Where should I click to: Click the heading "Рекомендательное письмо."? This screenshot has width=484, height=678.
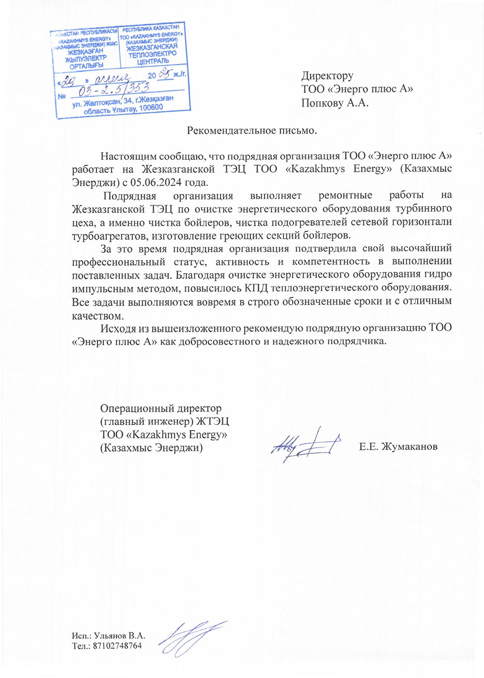(252, 130)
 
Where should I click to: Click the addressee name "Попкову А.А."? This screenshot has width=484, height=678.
(334, 103)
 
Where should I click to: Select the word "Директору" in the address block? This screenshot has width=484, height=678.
(327, 76)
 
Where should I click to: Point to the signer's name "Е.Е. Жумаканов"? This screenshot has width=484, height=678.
(398, 447)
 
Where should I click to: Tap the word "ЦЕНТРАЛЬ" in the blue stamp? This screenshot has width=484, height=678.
(153, 62)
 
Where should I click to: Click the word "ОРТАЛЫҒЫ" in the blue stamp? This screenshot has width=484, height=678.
(86, 65)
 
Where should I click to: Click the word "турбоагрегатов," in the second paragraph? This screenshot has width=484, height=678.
(110, 236)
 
